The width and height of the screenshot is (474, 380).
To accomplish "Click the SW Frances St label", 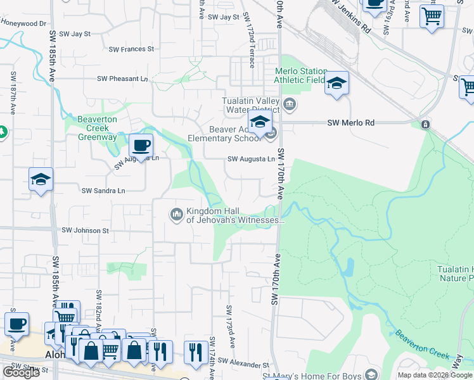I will (x=131, y=49).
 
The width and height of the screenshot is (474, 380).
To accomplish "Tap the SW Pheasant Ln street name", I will (x=122, y=79).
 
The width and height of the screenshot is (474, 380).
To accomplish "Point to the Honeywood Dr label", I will (x=23, y=23).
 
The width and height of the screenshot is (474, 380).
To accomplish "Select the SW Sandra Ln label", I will (x=103, y=190).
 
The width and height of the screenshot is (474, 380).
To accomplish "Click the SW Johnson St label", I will (x=85, y=231).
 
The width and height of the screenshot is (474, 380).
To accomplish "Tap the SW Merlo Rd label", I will (x=348, y=123).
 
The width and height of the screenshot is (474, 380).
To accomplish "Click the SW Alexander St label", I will (x=243, y=365).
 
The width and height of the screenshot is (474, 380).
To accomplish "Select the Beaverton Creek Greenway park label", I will (x=97, y=128).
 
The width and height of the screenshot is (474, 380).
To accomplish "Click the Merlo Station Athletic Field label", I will (x=300, y=75).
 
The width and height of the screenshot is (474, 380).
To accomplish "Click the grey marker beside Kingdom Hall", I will (x=176, y=215).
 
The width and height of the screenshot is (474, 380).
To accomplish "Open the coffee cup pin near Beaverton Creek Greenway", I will (x=141, y=145).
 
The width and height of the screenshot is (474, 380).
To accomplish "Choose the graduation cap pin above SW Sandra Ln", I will (x=40, y=180).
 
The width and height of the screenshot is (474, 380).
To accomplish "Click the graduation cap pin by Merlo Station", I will (x=336, y=83).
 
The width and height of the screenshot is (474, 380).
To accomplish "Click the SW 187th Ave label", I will (x=13, y=92).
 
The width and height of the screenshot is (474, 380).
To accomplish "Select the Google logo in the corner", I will (x=21, y=372).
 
